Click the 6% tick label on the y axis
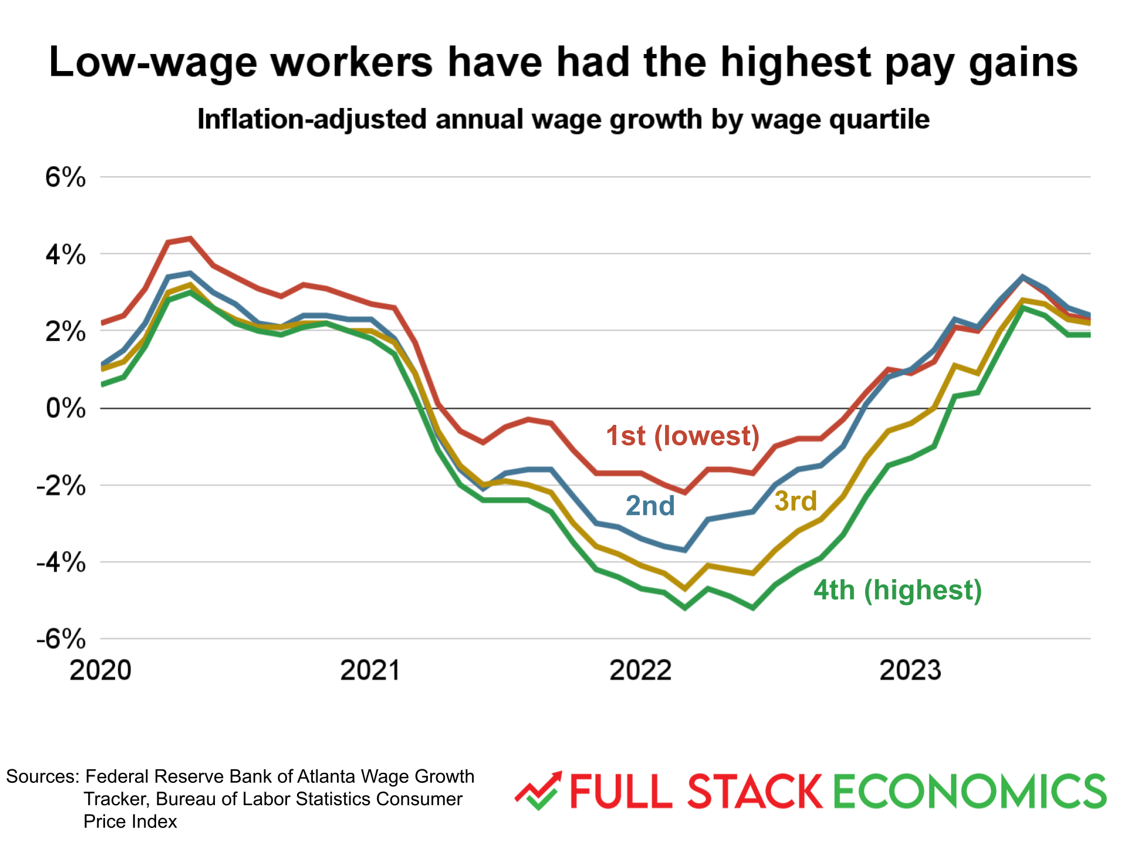click(65, 177)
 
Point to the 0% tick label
click(65, 408)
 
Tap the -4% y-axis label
click(61, 563)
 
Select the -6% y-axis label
click(61, 639)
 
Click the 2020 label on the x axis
click(100, 670)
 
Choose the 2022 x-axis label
click(640, 670)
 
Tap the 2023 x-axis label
click(910, 670)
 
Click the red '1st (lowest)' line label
click(683, 436)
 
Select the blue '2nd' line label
click(650, 506)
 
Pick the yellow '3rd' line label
click(795, 501)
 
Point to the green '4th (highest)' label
click(897, 590)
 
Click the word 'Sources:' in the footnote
click(42, 776)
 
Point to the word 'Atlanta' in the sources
click(326, 776)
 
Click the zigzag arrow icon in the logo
click(538, 790)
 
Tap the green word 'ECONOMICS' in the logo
click(970, 791)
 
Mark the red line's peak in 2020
click(190, 238)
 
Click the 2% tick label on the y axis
click(65, 332)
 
